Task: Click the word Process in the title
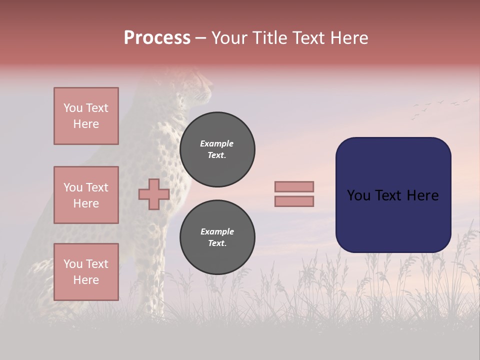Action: coord(157,38)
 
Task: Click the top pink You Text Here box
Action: coord(86,116)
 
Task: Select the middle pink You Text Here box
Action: coord(86,195)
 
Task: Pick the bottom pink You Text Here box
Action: coord(86,271)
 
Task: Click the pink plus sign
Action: coord(154,194)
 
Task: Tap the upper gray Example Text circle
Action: coord(217,149)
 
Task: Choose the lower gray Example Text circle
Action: coord(217,237)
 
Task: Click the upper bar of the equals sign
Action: coord(294,186)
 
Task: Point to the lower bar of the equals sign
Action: coord(294,201)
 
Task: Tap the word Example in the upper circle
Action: coord(216,143)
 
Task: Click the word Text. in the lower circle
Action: coord(217,243)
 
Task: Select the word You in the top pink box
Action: coord(72,108)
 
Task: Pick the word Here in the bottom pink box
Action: coord(86,280)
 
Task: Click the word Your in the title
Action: coord(228,38)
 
